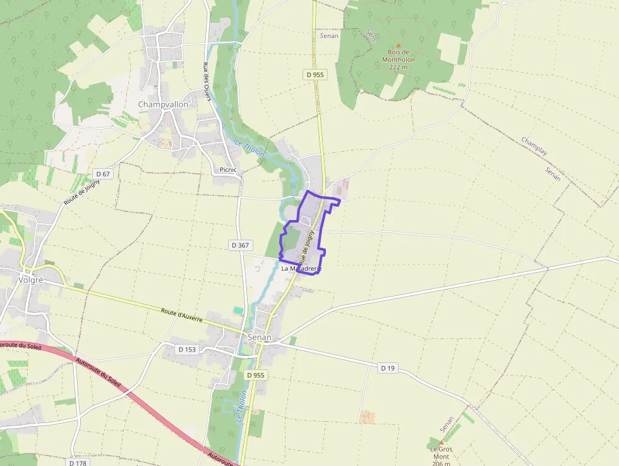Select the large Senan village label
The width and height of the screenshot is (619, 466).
260,337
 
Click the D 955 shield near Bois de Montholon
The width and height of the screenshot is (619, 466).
315,75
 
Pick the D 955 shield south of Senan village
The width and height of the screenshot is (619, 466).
256,375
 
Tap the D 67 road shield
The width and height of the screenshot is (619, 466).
103,174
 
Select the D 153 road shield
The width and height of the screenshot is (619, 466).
188,349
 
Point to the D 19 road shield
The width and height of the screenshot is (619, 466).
387,368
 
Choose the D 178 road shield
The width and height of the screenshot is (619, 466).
78,463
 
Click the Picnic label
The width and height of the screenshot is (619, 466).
227,169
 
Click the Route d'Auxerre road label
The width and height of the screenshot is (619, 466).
181,315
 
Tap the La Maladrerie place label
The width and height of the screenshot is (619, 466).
301,268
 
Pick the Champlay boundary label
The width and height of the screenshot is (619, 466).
534,147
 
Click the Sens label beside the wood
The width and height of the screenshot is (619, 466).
371,36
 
